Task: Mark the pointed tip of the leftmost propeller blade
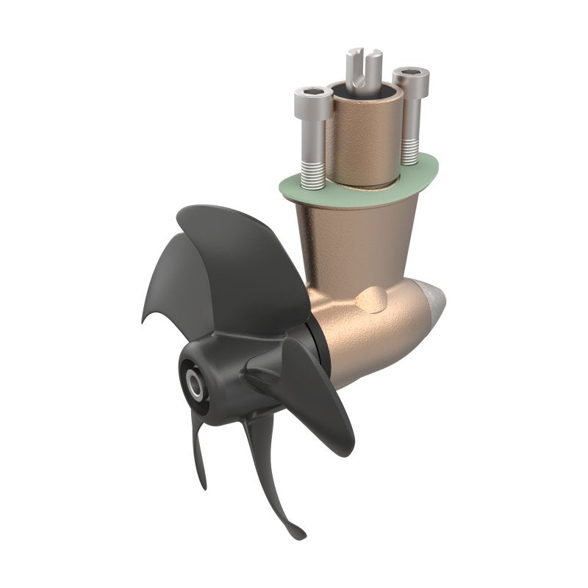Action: click(144, 319)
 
